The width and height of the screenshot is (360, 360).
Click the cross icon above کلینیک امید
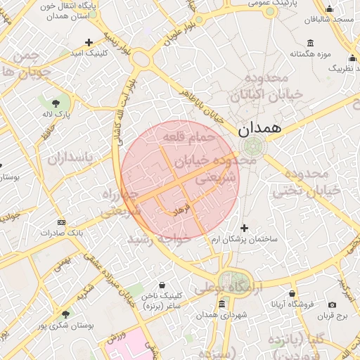click(x=89, y=42)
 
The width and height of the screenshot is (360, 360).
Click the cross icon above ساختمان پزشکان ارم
click(x=244, y=228)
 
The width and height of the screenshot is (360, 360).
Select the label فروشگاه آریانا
click(x=292, y=305)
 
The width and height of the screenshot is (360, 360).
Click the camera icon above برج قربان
click(x=332, y=304)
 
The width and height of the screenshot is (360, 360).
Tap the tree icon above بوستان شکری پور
click(x=65, y=314)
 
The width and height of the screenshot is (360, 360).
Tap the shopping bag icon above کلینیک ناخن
click(x=162, y=285)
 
